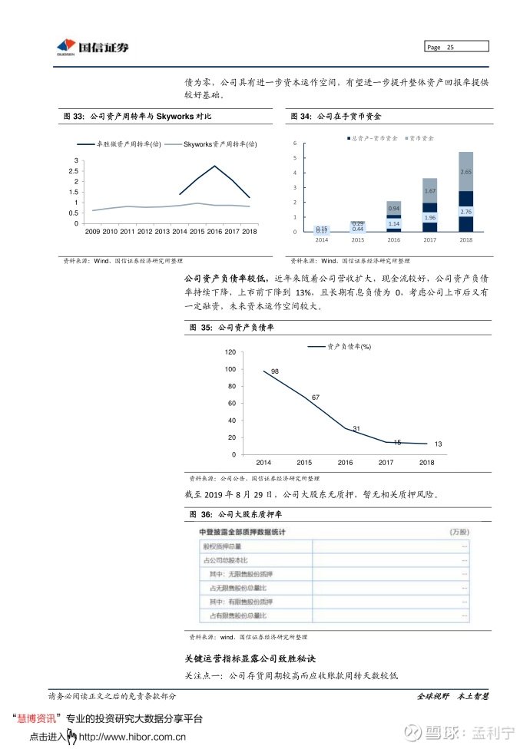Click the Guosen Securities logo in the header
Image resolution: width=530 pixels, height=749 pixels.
(x=93, y=48)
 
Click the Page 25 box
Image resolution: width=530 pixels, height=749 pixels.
(x=457, y=48)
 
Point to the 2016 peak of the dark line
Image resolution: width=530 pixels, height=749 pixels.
(x=214, y=166)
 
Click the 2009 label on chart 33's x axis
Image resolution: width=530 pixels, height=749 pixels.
(x=93, y=231)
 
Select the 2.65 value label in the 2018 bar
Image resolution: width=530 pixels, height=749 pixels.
(x=465, y=172)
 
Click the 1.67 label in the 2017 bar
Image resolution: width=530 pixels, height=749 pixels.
(x=429, y=190)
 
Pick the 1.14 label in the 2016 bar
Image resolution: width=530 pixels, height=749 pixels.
(x=393, y=223)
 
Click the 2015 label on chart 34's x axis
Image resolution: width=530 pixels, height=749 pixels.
(x=358, y=240)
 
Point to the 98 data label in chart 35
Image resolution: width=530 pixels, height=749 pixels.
(x=274, y=371)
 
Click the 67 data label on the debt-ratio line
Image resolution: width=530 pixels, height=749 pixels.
(x=315, y=398)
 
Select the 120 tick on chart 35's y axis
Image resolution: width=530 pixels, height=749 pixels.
(x=230, y=352)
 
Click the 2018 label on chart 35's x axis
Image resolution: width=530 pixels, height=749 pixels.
(x=426, y=463)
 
